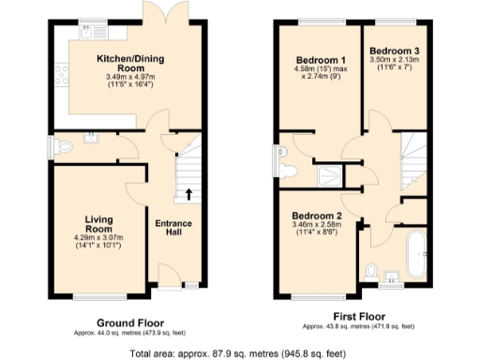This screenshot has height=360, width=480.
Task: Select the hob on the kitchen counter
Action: pos(63,67)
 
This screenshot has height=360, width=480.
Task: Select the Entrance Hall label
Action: pos(173,229)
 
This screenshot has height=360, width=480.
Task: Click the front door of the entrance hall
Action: pos(172,282)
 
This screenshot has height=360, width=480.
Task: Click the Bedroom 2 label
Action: pos(317,214)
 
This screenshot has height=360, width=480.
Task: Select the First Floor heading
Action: pos(357,316)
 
